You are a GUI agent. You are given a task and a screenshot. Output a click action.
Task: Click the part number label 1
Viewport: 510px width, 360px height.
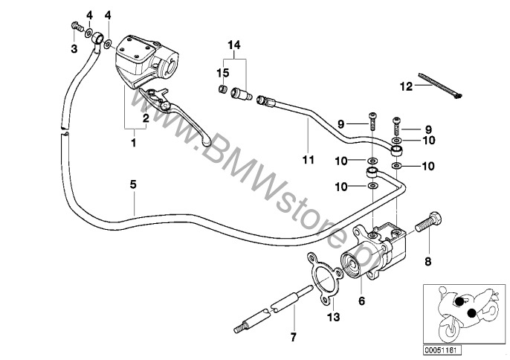pos(134,141)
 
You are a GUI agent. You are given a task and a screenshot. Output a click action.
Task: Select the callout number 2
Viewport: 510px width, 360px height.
pos(146,118)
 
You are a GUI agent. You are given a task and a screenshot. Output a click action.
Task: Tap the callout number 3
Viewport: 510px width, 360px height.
pos(74,49)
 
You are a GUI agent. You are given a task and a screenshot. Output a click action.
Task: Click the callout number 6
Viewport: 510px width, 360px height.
pos(362,301)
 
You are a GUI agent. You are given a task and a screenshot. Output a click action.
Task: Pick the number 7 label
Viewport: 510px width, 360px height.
pos(293,338)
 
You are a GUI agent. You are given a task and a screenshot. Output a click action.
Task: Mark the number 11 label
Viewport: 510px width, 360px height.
pos(307,158)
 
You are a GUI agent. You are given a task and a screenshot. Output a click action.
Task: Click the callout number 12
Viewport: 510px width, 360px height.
pos(404,86)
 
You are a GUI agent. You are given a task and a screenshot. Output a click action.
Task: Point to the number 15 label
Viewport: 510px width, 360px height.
pos(221,72)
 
